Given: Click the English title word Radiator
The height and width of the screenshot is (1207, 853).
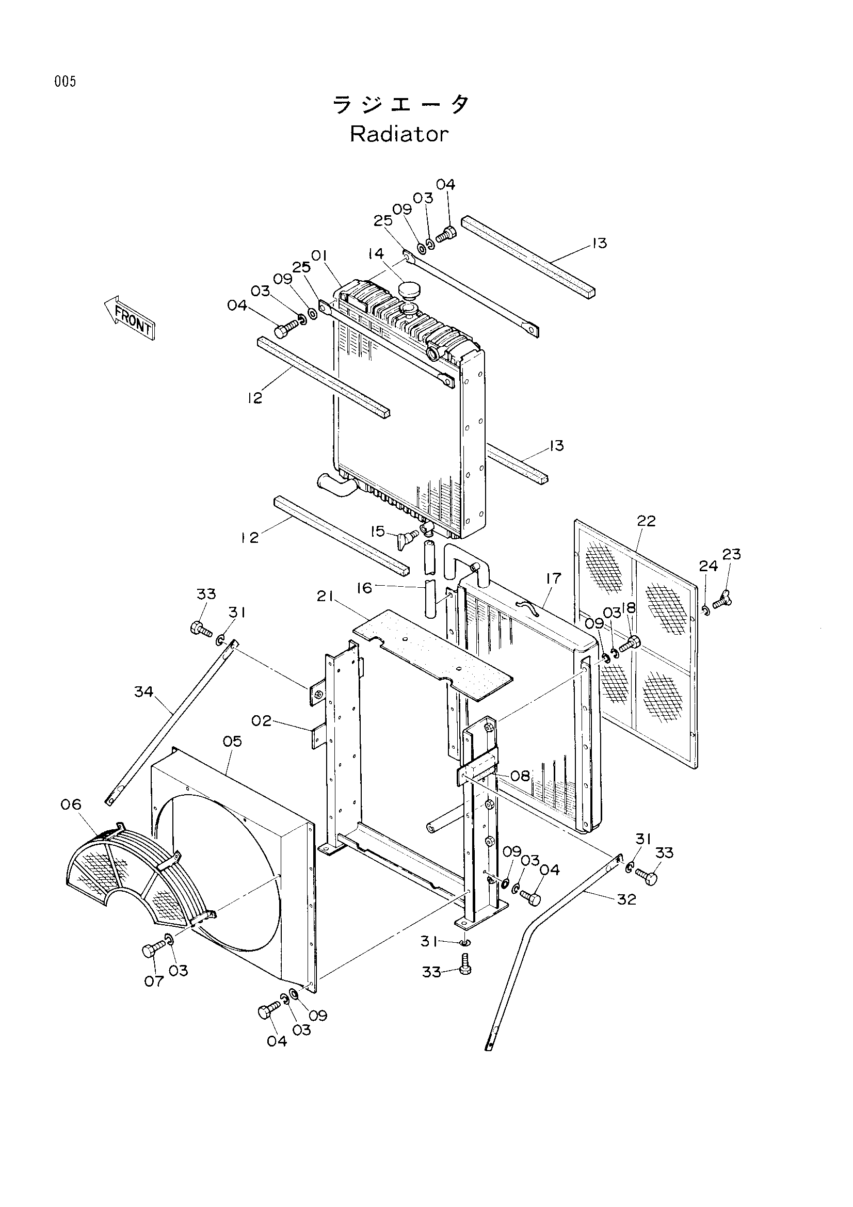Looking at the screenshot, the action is click(399, 135).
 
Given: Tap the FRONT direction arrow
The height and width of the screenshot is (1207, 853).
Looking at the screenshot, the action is click(130, 317).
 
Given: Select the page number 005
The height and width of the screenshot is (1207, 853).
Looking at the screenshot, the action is click(65, 82).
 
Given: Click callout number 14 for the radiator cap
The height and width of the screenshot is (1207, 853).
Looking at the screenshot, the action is click(376, 254).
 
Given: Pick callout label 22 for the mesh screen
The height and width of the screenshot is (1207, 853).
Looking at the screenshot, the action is click(646, 521).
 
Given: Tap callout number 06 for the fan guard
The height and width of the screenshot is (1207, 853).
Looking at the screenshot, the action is click(71, 804).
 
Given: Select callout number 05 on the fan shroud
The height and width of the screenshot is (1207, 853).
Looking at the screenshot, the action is click(232, 741).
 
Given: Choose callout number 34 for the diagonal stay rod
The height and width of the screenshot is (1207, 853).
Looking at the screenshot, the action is click(143, 692).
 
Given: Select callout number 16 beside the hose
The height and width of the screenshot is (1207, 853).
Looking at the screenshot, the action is click(364, 588).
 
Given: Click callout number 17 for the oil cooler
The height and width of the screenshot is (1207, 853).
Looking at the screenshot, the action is click(554, 578).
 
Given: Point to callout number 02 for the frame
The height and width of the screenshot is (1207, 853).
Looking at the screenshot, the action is click(261, 721).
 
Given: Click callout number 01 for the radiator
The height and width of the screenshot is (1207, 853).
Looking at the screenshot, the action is click(319, 255).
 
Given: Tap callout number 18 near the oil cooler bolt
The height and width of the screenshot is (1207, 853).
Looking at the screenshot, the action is click(629, 608).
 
